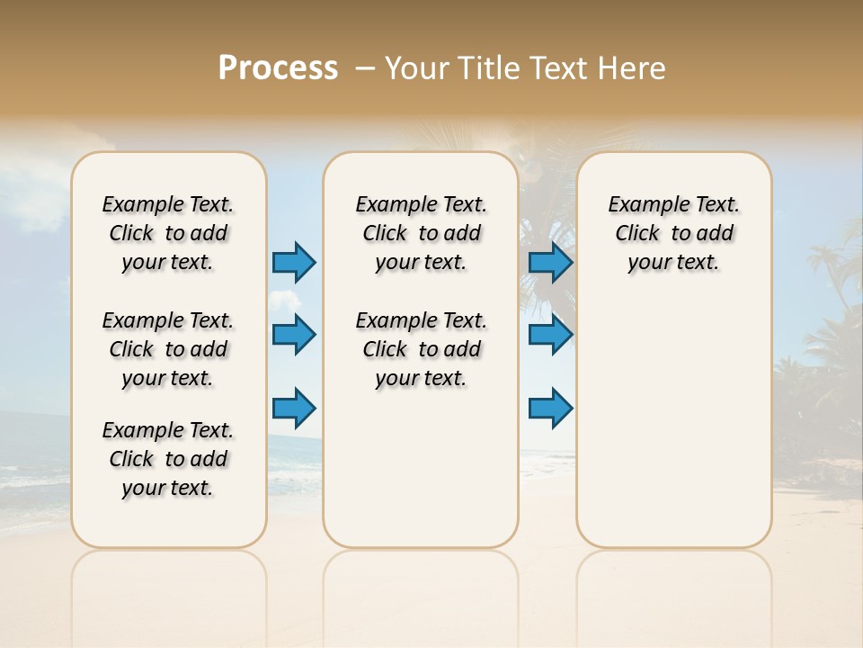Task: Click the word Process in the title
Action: pyautogui.click(x=278, y=67)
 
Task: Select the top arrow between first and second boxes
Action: pyautogui.click(x=294, y=263)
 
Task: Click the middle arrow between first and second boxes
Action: pyautogui.click(x=294, y=335)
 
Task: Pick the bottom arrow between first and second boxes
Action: pyautogui.click(x=294, y=409)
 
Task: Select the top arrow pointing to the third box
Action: pyautogui.click(x=550, y=263)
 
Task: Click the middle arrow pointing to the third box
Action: pyautogui.click(x=550, y=335)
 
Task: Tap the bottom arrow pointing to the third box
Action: pyautogui.click(x=550, y=409)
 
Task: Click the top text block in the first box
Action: pyautogui.click(x=168, y=233)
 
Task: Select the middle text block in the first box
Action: pyautogui.click(x=168, y=349)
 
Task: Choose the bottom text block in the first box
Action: pyautogui.click(x=168, y=459)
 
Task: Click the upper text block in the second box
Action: pyautogui.click(x=421, y=233)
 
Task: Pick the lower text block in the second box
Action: pyautogui.click(x=421, y=349)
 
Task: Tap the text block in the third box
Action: pyautogui.click(x=673, y=233)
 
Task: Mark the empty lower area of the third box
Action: pyautogui.click(x=673, y=423)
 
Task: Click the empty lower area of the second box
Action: pyautogui.click(x=421, y=468)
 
